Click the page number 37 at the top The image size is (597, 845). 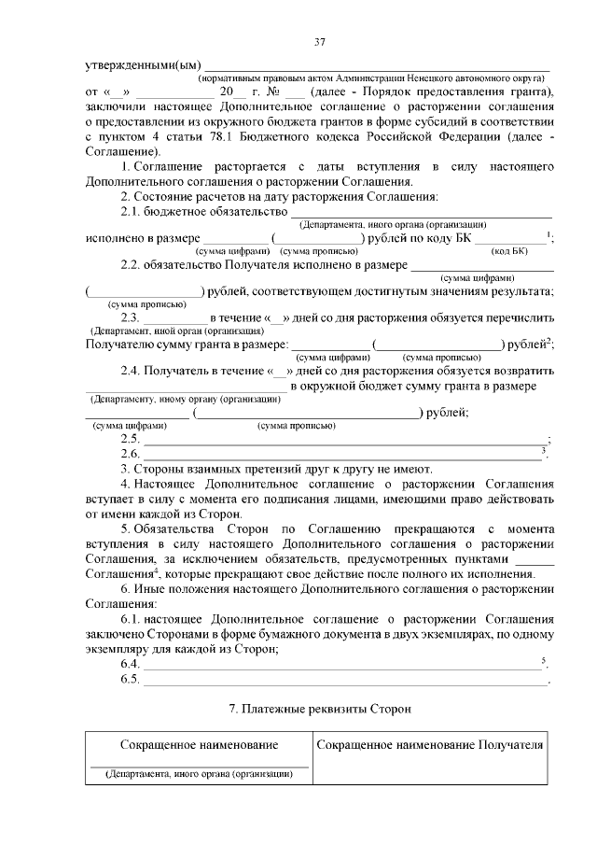(319, 42)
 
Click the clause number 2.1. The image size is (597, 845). (134, 212)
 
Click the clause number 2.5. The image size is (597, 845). (131, 440)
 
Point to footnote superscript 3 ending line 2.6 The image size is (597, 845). (544, 450)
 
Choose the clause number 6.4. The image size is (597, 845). (131, 663)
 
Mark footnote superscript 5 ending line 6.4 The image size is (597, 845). (544, 659)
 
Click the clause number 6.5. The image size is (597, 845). (131, 679)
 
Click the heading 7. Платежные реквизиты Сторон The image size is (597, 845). (319, 710)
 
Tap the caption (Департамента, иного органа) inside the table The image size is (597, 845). (200, 773)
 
